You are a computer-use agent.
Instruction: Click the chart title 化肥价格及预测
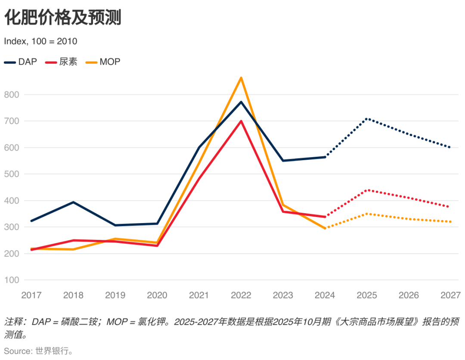[63, 18]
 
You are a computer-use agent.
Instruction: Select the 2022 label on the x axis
[241, 295]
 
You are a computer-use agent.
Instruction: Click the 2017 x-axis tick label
[31, 295]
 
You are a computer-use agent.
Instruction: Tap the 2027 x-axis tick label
[451, 295]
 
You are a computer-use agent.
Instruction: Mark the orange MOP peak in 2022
[241, 78]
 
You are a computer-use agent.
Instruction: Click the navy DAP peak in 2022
[241, 102]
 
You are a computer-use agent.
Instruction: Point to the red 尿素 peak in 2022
[241, 121]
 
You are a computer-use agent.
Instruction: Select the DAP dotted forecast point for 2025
[367, 118]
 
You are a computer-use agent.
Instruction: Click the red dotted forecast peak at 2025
[367, 190]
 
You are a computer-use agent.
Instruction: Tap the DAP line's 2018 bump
[73, 202]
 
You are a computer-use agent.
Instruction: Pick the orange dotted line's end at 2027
[450, 222]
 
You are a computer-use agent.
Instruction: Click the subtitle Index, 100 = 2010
[40, 41]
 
